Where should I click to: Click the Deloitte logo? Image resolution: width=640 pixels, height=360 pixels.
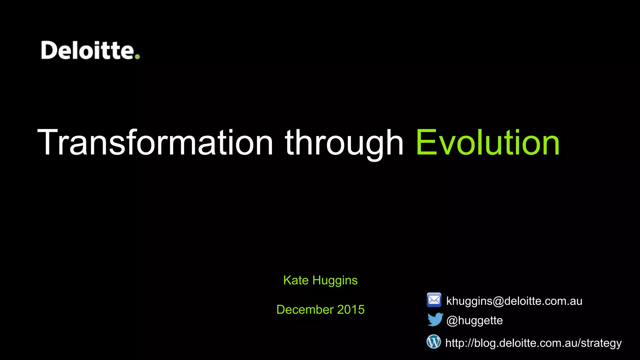coord(90,50)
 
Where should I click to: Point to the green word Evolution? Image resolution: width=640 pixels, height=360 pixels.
coord(487,142)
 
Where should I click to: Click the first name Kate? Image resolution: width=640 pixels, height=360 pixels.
coord(296,280)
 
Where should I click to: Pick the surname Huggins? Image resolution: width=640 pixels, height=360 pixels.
coord(335,281)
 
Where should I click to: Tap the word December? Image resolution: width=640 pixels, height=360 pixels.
coord(305,309)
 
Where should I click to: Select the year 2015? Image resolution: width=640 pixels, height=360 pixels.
coord(351,309)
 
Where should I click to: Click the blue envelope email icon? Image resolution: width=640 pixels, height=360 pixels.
coord(434,300)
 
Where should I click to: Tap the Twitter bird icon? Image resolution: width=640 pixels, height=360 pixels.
coord(435,319)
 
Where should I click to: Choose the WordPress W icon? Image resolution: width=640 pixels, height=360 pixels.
coord(434,342)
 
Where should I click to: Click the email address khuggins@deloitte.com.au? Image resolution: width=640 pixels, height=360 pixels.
coord(514,301)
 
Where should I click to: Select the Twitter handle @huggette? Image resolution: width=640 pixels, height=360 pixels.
coord(474,321)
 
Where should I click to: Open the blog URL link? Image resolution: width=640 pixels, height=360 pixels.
coord(533,343)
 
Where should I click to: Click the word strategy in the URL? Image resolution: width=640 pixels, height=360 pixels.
coord(601,343)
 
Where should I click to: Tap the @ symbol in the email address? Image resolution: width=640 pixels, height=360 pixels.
coord(498,301)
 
